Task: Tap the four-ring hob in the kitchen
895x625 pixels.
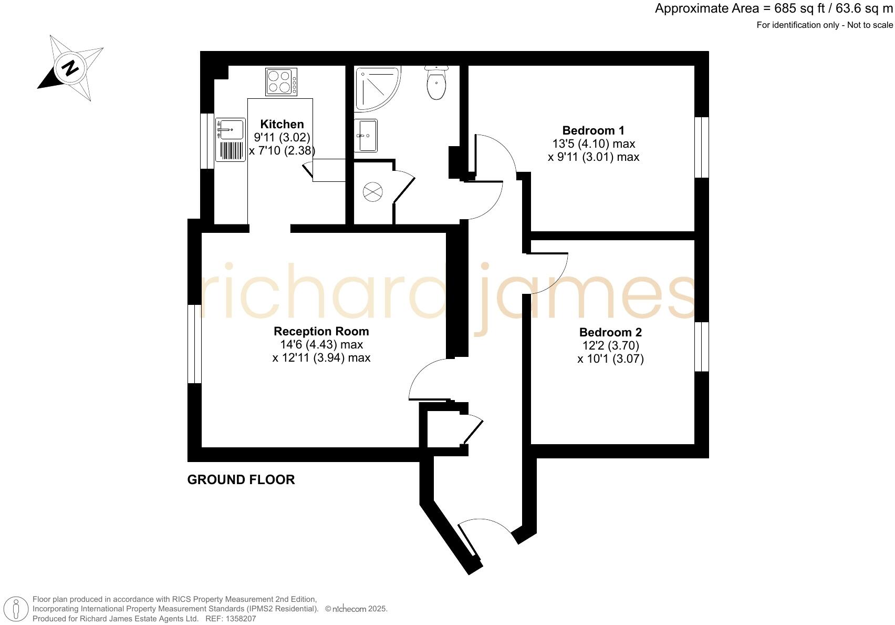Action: coord(281,82)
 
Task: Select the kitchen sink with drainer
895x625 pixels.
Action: coord(231,139)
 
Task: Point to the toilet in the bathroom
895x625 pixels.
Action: coord(436,84)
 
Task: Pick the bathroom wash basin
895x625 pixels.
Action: coord(366,135)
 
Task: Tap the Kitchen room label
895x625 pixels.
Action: coord(282,124)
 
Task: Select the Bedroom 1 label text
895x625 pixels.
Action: coord(593,130)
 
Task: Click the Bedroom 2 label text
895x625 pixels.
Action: coord(610,332)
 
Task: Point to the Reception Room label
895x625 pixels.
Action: coord(321,331)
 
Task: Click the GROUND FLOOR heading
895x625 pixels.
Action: coord(241,479)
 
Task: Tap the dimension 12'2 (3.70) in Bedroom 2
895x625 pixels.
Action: coord(610,346)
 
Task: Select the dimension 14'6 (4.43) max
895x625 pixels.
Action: coord(321,345)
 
